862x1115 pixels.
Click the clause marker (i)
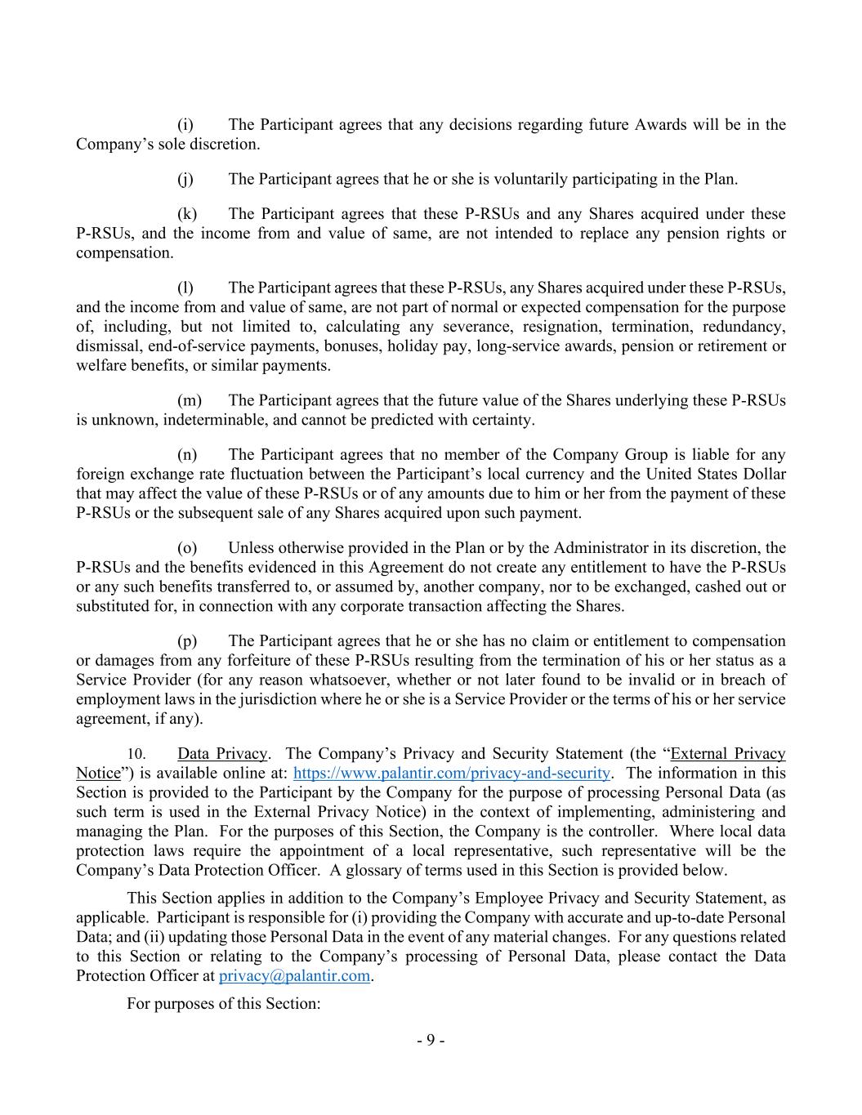185,125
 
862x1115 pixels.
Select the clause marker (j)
185,179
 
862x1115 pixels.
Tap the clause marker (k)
186,214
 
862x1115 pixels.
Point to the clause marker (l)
185,288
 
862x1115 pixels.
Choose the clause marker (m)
189,400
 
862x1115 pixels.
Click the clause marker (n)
186,455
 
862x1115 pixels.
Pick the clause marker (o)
186,548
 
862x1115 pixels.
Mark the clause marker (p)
186,641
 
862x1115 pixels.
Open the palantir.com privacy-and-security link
451,774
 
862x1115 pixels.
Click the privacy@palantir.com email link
295,976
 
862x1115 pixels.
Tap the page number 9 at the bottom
431,1041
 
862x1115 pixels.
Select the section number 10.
136,755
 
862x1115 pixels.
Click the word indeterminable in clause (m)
213,421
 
